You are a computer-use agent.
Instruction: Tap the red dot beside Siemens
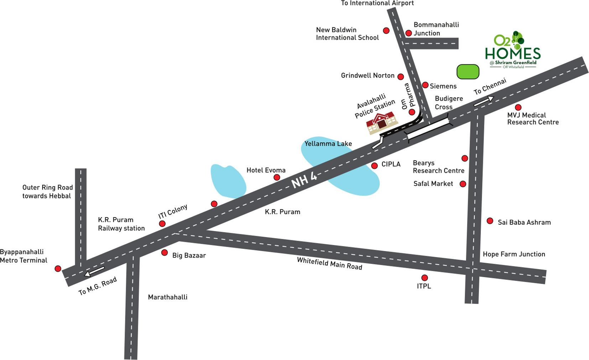[425, 85]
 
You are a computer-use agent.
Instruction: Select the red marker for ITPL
[424, 278]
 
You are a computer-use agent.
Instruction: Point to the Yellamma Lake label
[328, 144]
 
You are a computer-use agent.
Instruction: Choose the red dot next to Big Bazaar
[165, 253]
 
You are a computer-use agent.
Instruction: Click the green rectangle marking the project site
[468, 72]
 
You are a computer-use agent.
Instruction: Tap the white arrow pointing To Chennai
[484, 101]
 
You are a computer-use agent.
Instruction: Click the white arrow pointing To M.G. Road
[94, 272]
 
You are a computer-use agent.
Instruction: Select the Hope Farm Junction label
[514, 254]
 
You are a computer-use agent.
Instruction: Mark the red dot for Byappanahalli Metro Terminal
[58, 268]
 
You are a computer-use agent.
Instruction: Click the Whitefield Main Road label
[329, 264]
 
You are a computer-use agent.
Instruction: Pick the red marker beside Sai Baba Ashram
[490, 221]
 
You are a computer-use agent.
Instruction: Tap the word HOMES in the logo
[512, 54]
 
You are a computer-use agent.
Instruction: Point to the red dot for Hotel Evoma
[277, 177]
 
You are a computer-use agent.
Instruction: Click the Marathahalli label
[167, 297]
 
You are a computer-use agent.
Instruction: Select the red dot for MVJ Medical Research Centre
[518, 108]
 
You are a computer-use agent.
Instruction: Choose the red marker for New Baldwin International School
[386, 31]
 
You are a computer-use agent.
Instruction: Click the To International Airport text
[377, 3]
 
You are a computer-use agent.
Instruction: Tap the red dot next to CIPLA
[374, 166]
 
